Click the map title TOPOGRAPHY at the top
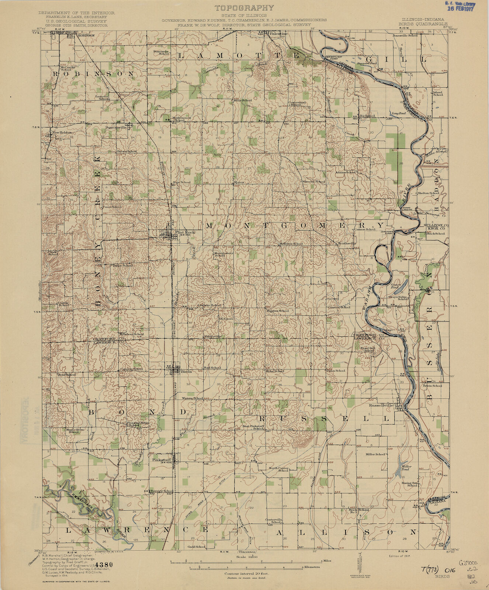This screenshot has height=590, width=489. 244,7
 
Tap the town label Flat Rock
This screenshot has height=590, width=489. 183,232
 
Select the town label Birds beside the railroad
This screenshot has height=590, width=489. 186,372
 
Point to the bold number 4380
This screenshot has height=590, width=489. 95,564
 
